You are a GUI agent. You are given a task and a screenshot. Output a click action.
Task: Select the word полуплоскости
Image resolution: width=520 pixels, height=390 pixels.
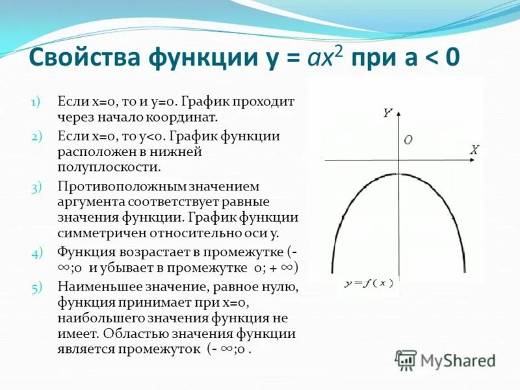[109, 167]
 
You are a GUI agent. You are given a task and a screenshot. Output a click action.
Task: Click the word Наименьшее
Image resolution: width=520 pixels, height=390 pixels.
[94, 287]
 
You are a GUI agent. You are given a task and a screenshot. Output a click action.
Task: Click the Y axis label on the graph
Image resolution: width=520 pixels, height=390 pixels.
[387, 112]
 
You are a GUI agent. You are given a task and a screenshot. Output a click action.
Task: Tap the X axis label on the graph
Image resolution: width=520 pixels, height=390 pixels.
[474, 150]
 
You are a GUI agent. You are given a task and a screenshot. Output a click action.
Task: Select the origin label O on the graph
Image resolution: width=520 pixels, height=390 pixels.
[408, 140]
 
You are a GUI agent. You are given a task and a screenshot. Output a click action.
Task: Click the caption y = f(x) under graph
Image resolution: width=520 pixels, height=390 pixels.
[370, 284]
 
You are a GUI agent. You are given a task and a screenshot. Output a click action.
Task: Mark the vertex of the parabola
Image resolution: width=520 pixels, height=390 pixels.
[398, 174]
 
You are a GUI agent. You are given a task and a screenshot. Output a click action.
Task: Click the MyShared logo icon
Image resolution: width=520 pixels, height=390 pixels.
[406, 359]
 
